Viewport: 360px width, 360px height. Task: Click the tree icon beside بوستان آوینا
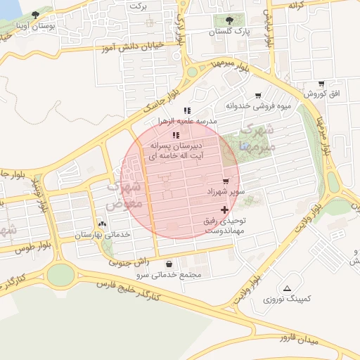tap(35, 15)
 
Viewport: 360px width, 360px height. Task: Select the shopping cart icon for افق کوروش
tap(321, 84)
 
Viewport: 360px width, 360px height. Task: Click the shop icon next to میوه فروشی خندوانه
tap(257, 96)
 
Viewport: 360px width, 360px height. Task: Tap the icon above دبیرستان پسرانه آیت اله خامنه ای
tap(176, 135)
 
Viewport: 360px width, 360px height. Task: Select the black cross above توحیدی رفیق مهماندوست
tap(224, 210)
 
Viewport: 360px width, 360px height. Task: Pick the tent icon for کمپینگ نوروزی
tap(287, 288)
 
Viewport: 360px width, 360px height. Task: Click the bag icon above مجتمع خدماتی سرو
tap(169, 264)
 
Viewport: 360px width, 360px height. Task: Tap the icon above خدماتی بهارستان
tap(103, 224)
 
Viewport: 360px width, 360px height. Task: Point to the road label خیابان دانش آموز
tap(134, 44)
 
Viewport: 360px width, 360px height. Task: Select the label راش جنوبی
tap(129, 262)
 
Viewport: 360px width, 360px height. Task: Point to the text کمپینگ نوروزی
tap(287, 300)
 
